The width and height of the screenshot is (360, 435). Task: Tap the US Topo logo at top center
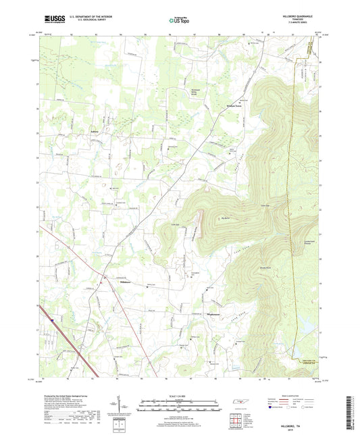click(179, 22)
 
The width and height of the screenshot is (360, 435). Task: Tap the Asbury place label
click(84, 132)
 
